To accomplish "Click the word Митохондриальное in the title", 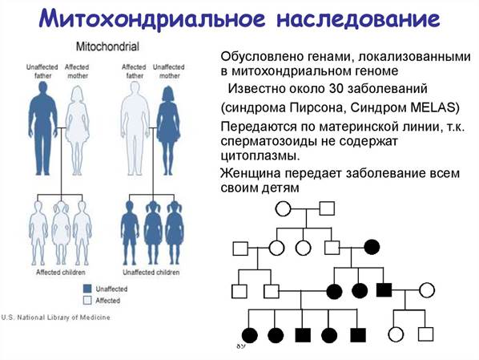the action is coord(152,19).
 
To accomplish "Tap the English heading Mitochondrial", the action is coord(107,47).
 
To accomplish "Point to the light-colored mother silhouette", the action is coord(78,130).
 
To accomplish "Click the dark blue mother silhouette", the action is coord(168,130).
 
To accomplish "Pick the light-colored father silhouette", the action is coord(135,128).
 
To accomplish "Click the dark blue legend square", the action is coord(87,289).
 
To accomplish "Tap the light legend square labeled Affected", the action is coord(87,301).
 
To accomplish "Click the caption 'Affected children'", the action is coord(61,273).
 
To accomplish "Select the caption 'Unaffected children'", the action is coord(151,273).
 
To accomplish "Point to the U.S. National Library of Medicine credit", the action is coord(55,318).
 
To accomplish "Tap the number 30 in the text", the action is coord(336,89).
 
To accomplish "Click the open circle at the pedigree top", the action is coord(283,208).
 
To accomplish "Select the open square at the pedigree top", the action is coord(327,208).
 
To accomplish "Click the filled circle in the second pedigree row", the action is coord(372,247).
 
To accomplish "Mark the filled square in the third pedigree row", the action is coord(384,290).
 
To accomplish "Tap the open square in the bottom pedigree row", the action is coord(425,334).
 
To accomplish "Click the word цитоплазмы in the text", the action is coord(260,156).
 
